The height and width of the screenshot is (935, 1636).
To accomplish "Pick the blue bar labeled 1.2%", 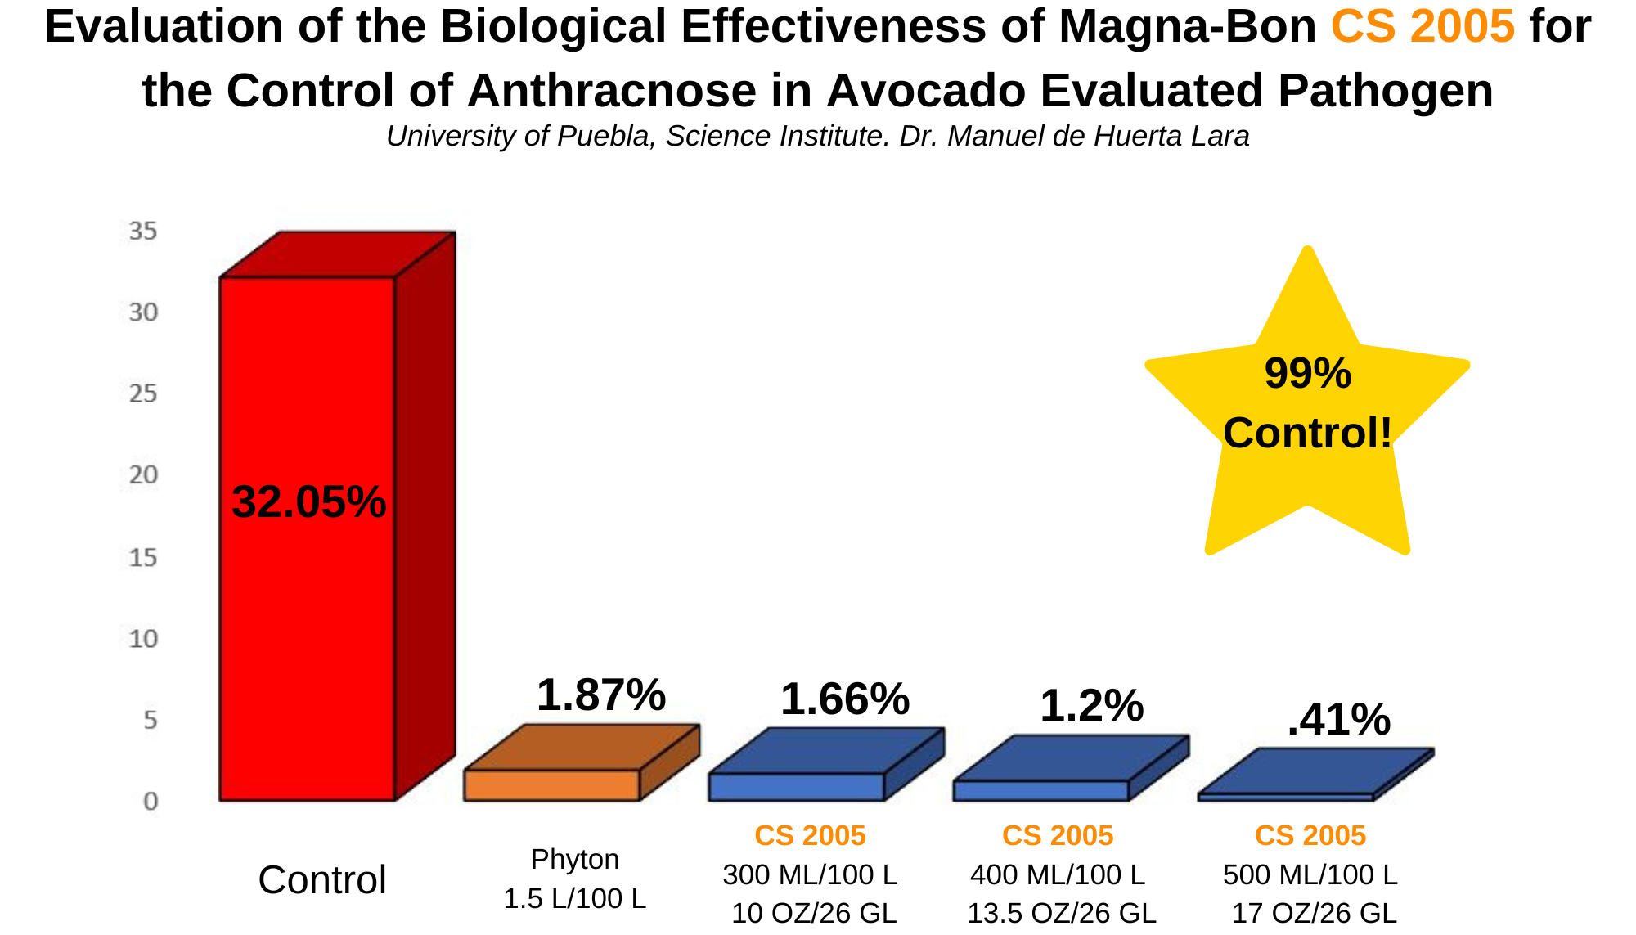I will click(1040, 790).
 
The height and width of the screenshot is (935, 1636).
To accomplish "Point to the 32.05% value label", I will click(308, 501).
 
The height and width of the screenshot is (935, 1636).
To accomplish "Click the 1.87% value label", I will click(601, 695).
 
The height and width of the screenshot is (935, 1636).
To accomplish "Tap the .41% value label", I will click(1339, 720).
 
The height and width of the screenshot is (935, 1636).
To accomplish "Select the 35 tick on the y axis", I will click(143, 232).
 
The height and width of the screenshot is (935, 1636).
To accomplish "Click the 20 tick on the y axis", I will click(143, 475).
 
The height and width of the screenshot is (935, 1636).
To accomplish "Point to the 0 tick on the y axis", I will click(151, 801).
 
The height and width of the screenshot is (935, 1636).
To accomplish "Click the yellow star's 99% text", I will click(1308, 373).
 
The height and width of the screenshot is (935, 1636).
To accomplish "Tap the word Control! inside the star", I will click(1307, 433).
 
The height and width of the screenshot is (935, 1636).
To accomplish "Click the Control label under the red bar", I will click(322, 880).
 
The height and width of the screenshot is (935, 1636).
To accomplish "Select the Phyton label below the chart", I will click(575, 860).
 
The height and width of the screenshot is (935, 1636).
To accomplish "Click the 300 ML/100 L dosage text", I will click(810, 875).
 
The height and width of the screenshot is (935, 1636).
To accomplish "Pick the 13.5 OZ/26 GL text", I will click(1062, 913).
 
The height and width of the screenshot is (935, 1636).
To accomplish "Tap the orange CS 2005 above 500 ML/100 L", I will click(1310, 835).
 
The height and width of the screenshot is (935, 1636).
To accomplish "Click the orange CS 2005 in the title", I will click(1423, 26).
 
